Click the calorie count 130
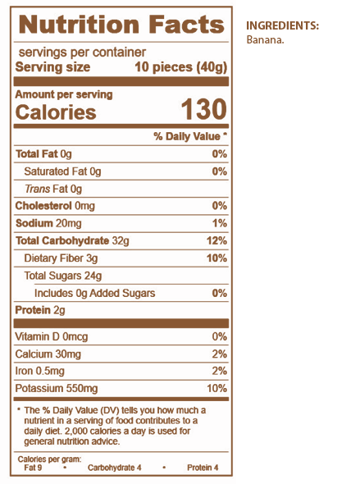[204, 109]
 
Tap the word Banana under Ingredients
[265, 40]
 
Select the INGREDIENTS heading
[283, 25]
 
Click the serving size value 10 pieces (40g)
[181, 67]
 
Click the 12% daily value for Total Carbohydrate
[216, 240]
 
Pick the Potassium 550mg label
[57, 388]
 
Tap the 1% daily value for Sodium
[220, 223]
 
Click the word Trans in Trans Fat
[37, 189]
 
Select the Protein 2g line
[40, 310]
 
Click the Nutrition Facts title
[121, 25]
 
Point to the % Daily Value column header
[190, 136]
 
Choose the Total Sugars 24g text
[63, 276]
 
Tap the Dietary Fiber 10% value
[216, 258]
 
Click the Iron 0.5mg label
[40, 371]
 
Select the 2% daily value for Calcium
[220, 354]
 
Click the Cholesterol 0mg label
[55, 206]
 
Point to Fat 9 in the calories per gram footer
[33, 468]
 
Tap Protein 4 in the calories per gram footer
[203, 468]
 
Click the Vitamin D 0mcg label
[52, 336]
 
